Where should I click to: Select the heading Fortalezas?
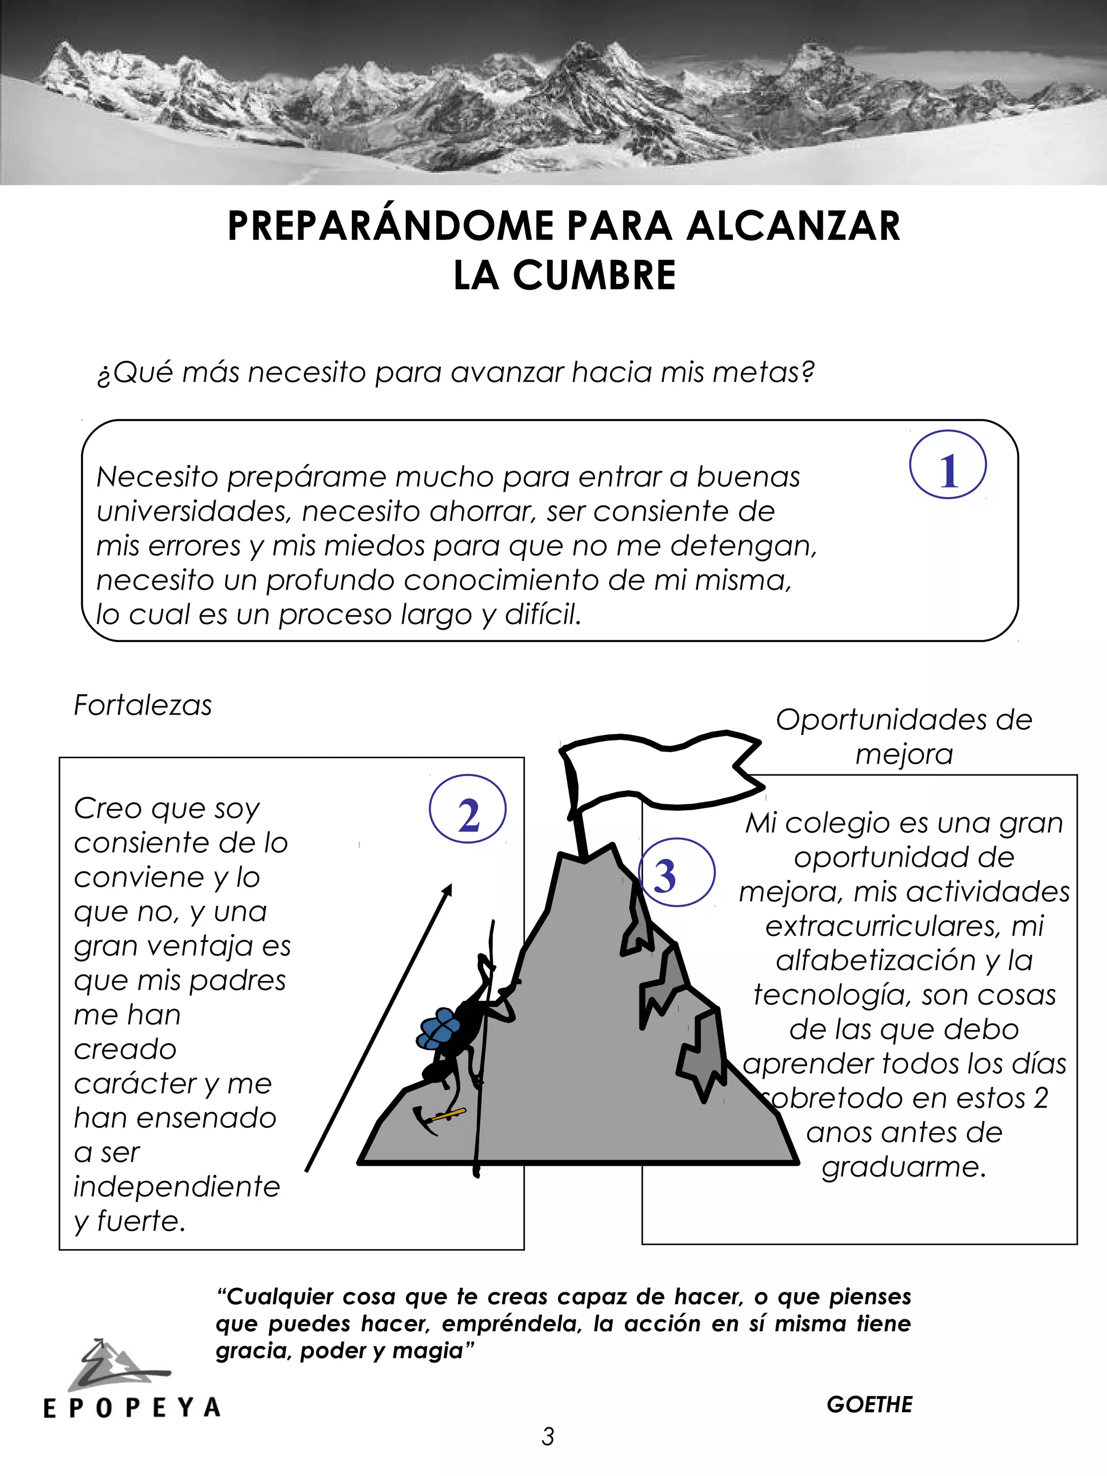pos(142,705)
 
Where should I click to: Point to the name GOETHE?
pos(869,1404)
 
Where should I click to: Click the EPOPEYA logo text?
pos(131,1408)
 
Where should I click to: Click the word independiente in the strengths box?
pos(176,1187)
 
